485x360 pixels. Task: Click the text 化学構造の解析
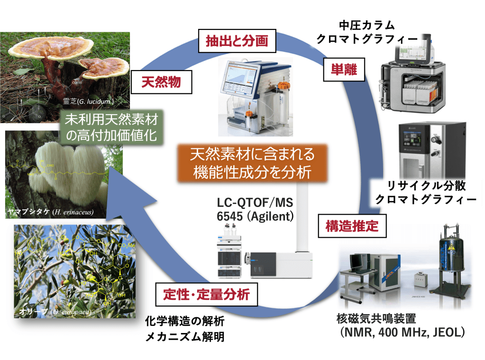click(184, 322)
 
